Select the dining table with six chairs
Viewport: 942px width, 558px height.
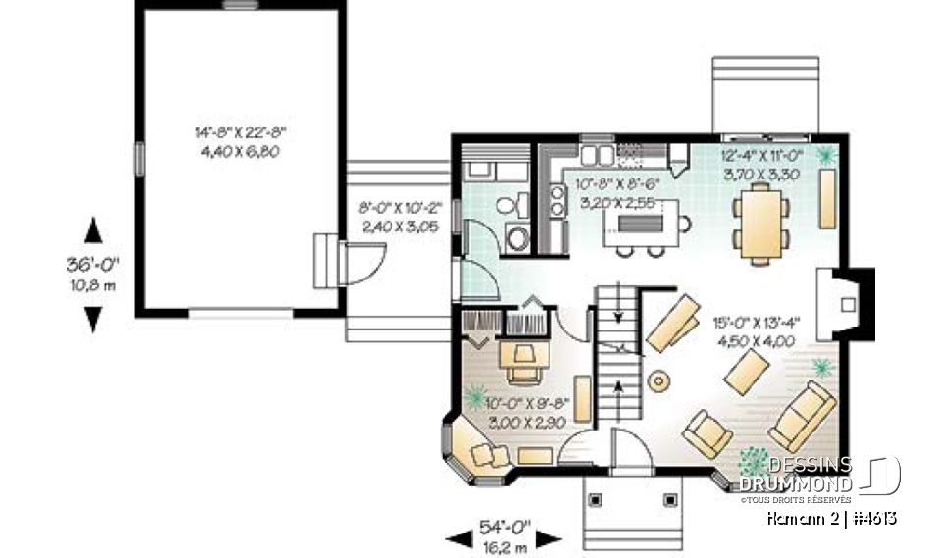point(760,225)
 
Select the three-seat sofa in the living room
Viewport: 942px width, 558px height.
point(803,417)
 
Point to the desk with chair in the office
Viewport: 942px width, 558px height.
point(526,359)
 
